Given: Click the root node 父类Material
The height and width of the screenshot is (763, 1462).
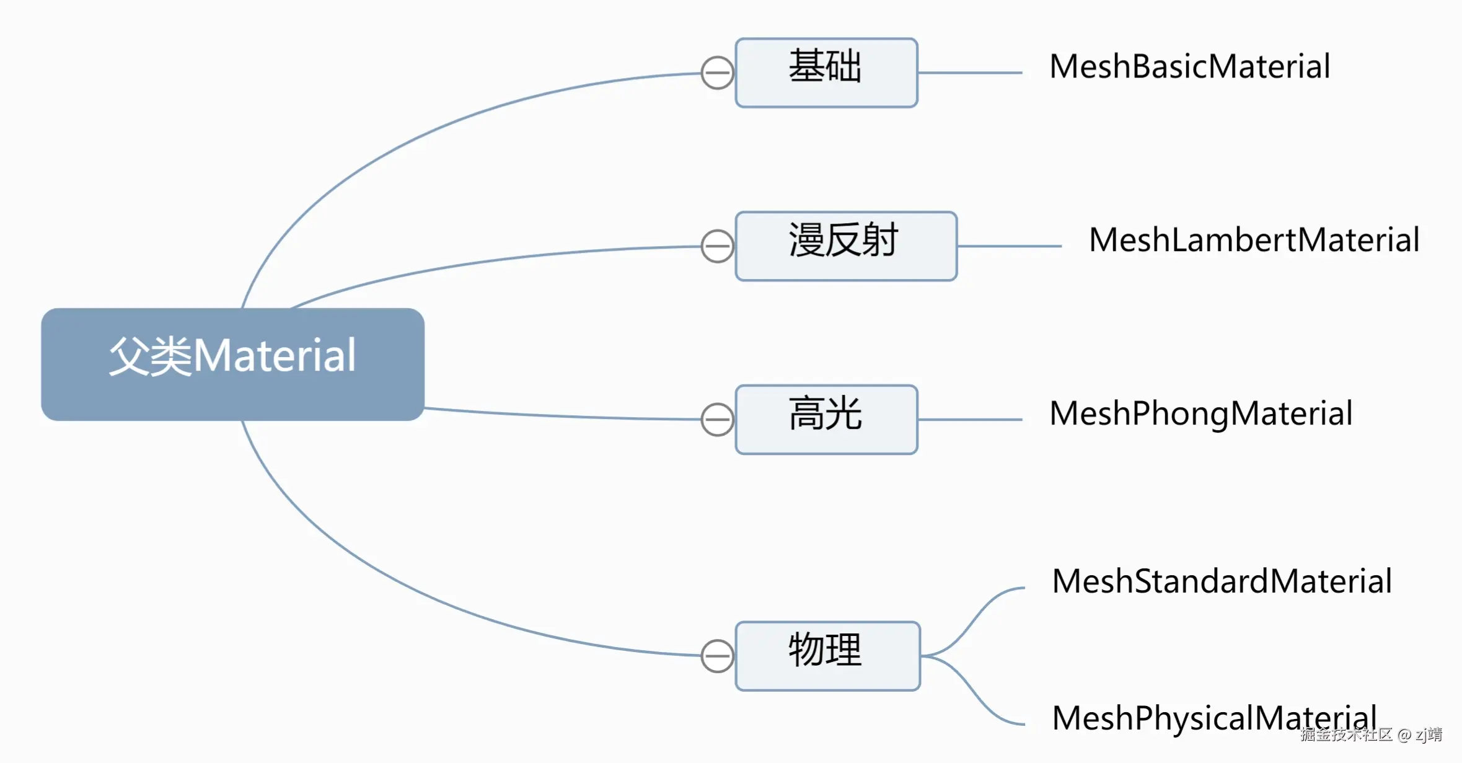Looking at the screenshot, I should (x=232, y=364).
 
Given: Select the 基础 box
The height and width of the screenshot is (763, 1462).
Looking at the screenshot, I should (x=826, y=73).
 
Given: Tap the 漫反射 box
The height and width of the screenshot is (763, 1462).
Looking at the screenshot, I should (x=845, y=246).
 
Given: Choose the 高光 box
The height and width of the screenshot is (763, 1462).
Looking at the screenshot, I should (x=826, y=420).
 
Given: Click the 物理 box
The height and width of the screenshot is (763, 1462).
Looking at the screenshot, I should (x=827, y=656).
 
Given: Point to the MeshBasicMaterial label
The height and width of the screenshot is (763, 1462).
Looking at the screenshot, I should (x=1189, y=67).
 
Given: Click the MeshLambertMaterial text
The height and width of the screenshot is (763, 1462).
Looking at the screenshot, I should (x=1254, y=240).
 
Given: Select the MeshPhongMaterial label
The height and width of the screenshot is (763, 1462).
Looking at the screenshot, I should (x=1200, y=414).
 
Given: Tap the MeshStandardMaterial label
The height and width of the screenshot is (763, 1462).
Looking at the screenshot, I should (x=1222, y=582).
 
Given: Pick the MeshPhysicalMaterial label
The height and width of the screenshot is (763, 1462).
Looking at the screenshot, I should (x=1213, y=719).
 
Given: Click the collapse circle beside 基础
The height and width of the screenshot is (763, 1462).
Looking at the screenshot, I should (x=717, y=73).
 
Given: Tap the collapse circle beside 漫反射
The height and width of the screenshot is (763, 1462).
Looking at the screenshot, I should (x=717, y=247).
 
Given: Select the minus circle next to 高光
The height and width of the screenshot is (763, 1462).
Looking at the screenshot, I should (x=717, y=420).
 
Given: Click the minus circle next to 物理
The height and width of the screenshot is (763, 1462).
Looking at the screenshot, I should (x=717, y=656).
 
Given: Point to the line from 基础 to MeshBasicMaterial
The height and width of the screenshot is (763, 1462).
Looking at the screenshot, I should (x=970, y=73).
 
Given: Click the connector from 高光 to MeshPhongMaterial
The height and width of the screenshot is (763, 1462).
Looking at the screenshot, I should (x=970, y=420).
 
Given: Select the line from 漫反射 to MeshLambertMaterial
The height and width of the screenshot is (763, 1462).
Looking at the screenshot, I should (x=1010, y=246).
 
